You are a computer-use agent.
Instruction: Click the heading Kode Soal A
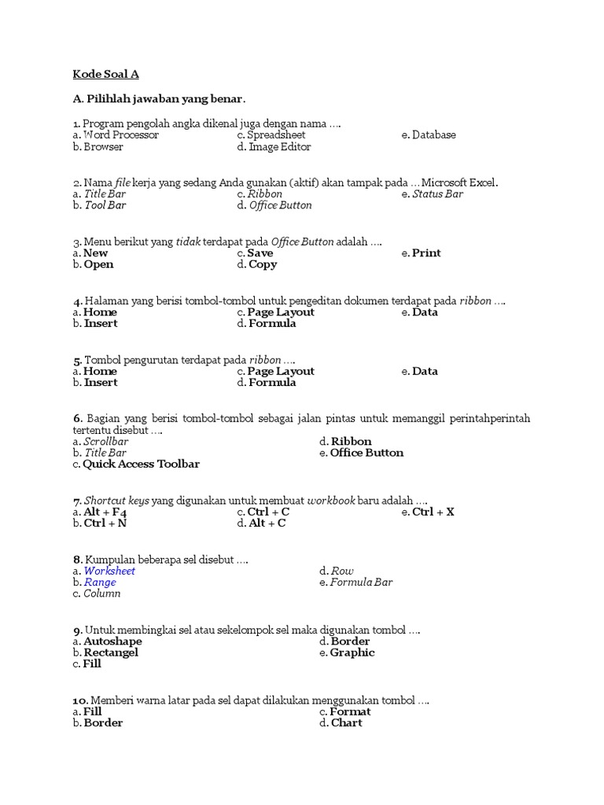point(106,75)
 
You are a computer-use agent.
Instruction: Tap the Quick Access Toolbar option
point(141,464)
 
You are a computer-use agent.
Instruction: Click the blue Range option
point(100,583)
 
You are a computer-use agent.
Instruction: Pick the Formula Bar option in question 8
point(361,583)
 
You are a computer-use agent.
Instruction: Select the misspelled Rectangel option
point(111,652)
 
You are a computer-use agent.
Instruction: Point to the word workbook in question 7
point(331,501)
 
